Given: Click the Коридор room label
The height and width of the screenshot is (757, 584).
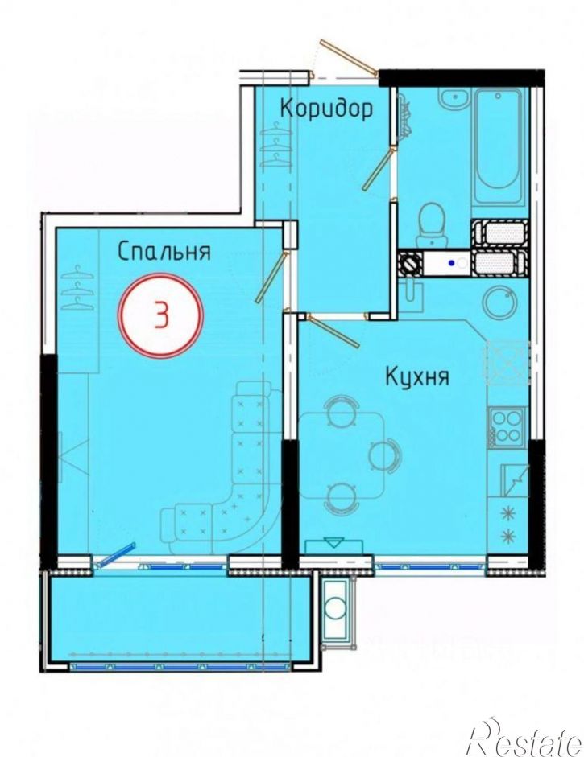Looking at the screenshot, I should (326, 108).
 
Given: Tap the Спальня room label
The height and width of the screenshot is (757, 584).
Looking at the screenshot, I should (164, 251).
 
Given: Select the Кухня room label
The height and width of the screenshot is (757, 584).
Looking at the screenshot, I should (416, 376).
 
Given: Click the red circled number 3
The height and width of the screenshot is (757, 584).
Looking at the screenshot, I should (162, 315).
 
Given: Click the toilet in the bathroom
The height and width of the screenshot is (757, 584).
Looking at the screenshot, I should (434, 223).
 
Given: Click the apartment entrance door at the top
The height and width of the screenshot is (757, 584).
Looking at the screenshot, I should (346, 58).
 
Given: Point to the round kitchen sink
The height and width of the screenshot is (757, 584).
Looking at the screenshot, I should (500, 302).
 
